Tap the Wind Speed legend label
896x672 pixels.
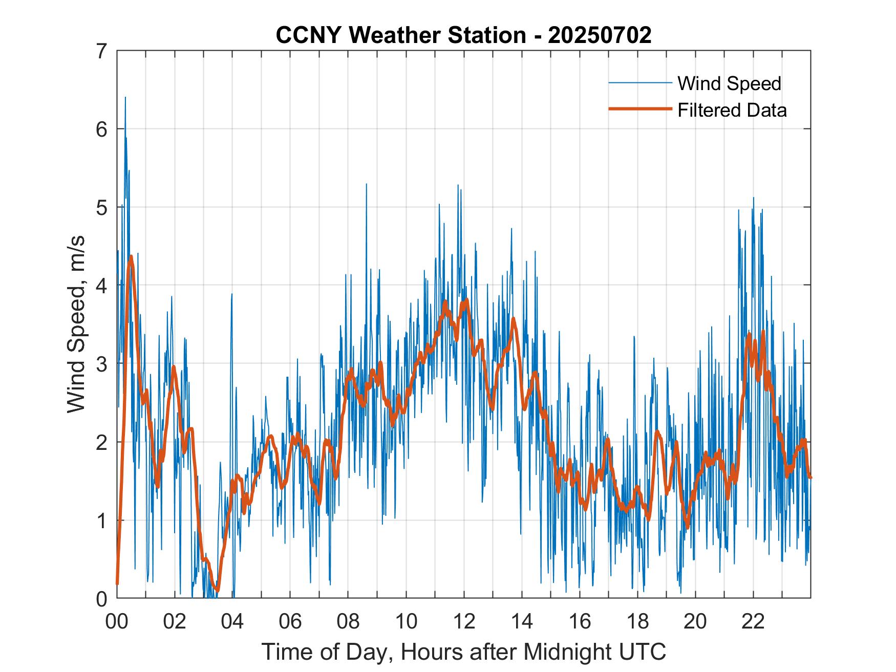point(729,83)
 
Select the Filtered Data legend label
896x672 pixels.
point(732,110)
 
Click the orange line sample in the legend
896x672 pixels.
point(640,109)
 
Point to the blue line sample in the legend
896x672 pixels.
point(640,83)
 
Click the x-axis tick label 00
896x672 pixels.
point(117,622)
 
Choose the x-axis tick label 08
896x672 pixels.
point(348,622)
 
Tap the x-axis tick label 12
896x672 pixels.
point(464,622)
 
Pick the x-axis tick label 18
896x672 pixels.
point(637,622)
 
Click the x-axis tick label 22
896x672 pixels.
point(753,622)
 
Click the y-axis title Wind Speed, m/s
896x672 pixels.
point(76,324)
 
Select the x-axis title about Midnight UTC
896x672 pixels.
point(464,652)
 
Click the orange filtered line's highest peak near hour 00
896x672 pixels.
point(131,256)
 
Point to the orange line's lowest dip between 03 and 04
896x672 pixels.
point(217,590)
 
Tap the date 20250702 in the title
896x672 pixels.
point(600,35)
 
